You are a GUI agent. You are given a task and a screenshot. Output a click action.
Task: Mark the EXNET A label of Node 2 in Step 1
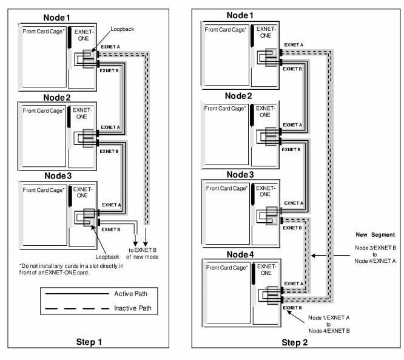[112, 127]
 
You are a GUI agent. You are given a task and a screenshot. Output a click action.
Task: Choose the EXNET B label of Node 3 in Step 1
[111, 229]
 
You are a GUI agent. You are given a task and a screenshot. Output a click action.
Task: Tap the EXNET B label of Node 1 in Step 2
[292, 70]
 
